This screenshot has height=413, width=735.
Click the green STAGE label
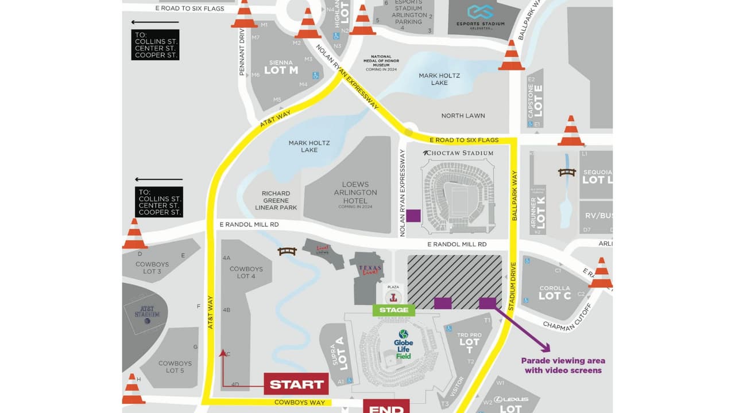pyautogui.click(x=394, y=310)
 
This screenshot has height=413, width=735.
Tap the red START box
pyautogui.click(x=296, y=384)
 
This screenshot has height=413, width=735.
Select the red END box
pyautogui.click(x=386, y=407)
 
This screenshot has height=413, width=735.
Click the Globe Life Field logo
pyautogui.click(x=403, y=344)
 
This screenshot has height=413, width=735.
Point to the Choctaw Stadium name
pyautogui.click(x=458, y=153)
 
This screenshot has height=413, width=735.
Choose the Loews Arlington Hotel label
pyautogui.click(x=355, y=193)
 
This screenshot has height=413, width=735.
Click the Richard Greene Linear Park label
pyautogui.click(x=276, y=200)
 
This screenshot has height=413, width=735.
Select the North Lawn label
pyautogui.click(x=463, y=115)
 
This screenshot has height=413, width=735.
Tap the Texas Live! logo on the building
pyautogui.click(x=370, y=270)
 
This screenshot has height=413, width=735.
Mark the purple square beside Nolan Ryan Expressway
pyautogui.click(x=413, y=216)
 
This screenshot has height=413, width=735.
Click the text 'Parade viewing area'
pyautogui.click(x=563, y=361)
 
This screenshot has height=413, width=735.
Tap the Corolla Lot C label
pyautogui.click(x=555, y=293)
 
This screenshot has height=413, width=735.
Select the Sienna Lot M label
pyautogui.click(x=285, y=67)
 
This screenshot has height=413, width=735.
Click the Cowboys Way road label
pyautogui.click(x=300, y=403)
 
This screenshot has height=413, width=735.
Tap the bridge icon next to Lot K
pyautogui.click(x=567, y=172)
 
